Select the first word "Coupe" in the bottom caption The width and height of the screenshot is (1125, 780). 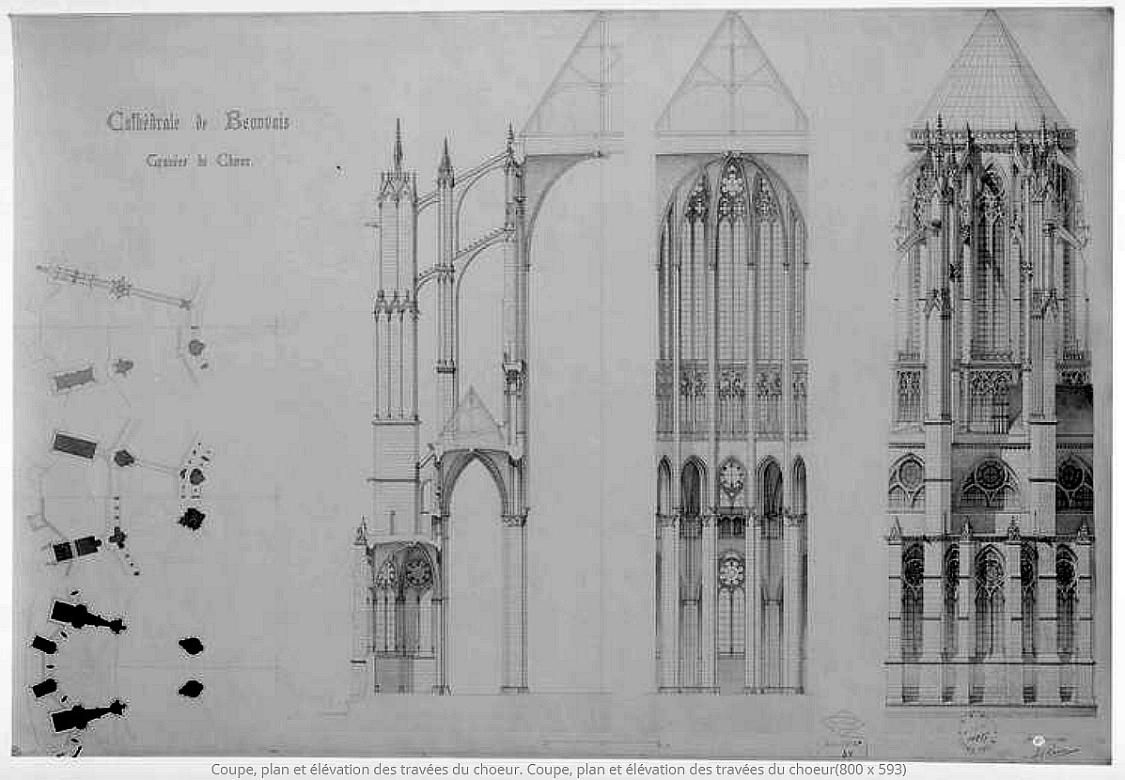[x=232, y=770]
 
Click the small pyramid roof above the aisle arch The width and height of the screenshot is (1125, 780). [x=474, y=418]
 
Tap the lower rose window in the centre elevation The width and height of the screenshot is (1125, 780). [x=731, y=571]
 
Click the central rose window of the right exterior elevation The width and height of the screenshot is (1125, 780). [x=991, y=477]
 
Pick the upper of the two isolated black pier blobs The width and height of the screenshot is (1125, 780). [x=191, y=646]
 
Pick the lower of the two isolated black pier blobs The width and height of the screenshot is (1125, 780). [x=191, y=689]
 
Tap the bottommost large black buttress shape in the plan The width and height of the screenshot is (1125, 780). [x=85, y=717]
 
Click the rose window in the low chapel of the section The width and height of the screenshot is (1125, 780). [x=417, y=569]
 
